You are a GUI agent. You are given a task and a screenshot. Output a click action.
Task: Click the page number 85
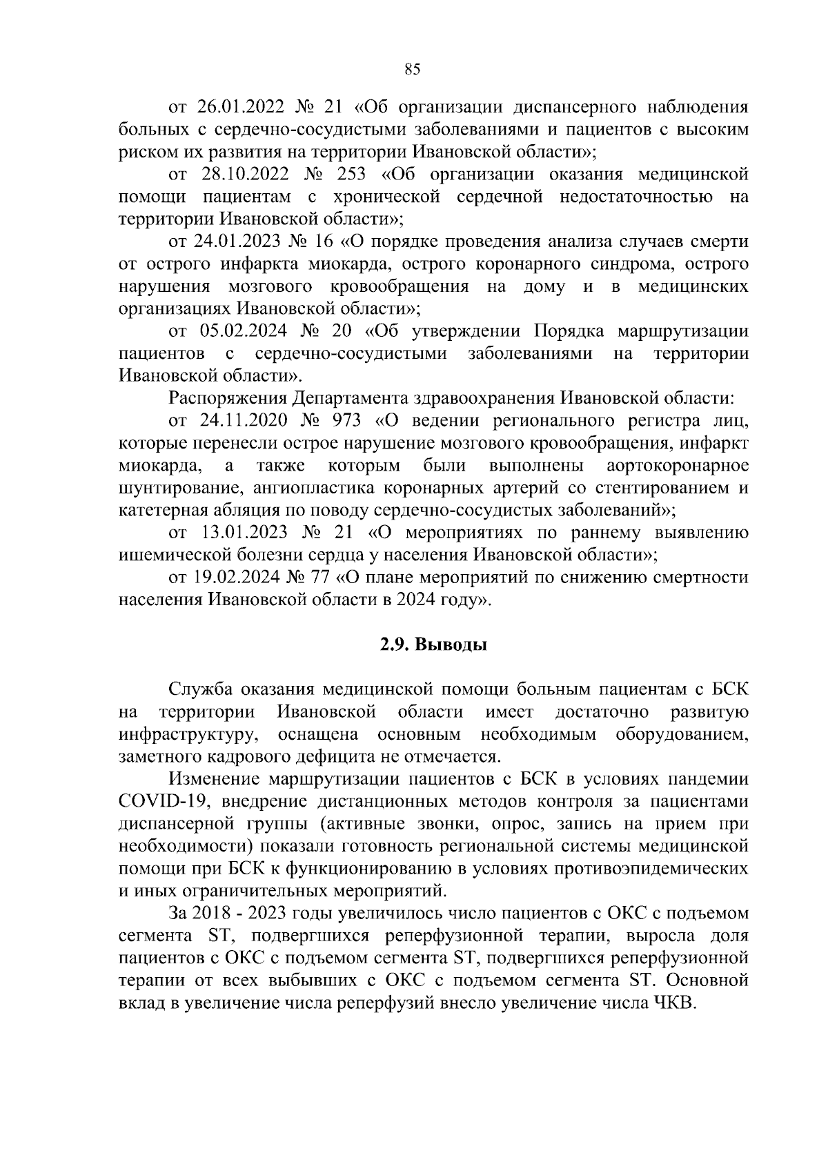(413, 68)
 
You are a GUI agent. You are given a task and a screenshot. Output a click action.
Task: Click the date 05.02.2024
(238, 331)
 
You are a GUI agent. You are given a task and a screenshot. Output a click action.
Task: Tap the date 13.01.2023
(239, 533)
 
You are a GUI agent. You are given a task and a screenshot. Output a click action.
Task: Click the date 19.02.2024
(236, 578)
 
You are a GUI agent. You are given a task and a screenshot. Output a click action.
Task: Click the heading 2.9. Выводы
(434, 645)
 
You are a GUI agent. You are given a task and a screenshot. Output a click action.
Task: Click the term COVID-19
(158, 801)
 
